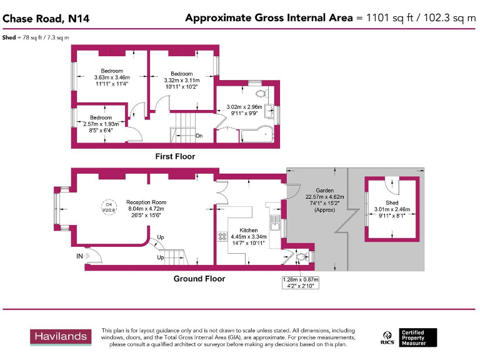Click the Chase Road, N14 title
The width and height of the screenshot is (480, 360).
(x=46, y=19)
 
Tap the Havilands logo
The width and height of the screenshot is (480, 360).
(x=61, y=337)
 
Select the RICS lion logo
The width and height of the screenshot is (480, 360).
(x=387, y=338)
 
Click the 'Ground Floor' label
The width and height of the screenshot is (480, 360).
(x=199, y=279)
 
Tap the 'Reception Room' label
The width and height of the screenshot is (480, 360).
(x=146, y=202)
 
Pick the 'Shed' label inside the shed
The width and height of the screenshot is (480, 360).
(x=391, y=203)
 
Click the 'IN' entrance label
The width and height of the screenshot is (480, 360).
(x=79, y=256)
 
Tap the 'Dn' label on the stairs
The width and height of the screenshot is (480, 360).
(x=199, y=136)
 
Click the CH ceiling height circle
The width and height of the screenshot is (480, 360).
(x=108, y=206)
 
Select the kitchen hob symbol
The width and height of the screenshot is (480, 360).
(x=222, y=237)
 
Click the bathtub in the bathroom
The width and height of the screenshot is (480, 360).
(x=256, y=135)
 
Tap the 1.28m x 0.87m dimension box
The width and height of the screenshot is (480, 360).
(x=300, y=282)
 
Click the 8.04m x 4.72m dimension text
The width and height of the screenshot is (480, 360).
(x=146, y=209)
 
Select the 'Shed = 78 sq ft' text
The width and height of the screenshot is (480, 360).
(x=35, y=38)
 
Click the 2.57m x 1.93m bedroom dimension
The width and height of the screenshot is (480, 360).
(x=100, y=124)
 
